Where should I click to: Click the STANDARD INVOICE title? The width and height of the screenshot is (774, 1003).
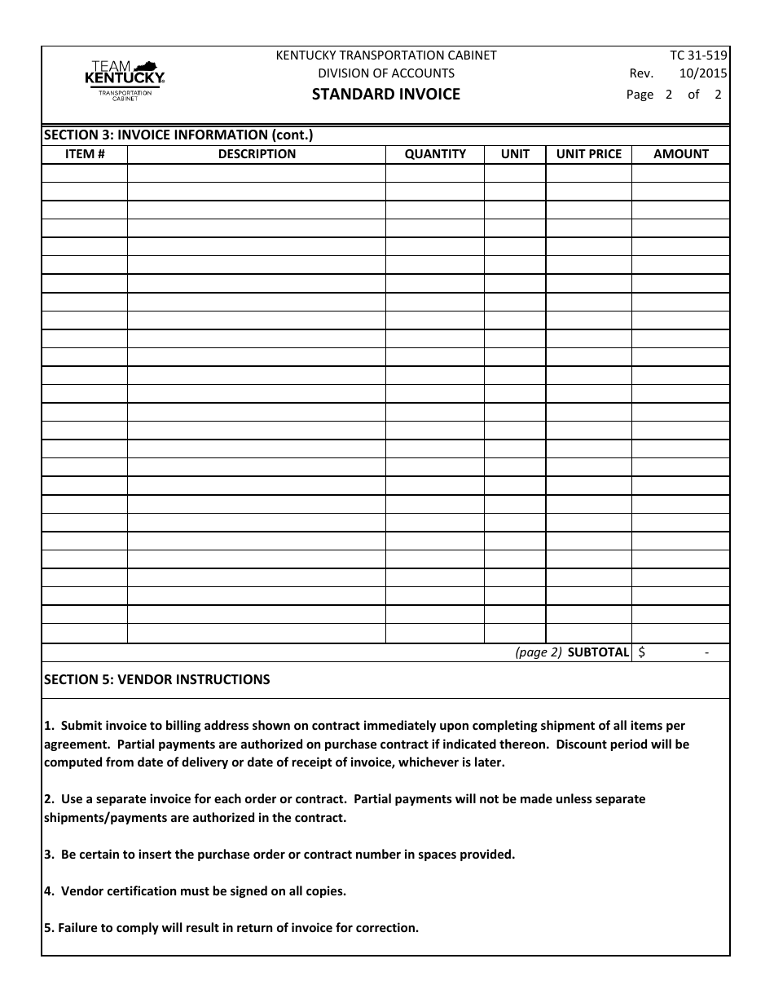[386, 94]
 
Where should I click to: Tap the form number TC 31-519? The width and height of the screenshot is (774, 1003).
[698, 55]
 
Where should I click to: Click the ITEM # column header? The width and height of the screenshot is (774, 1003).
[85, 153]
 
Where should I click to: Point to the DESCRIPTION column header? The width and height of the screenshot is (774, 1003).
[257, 153]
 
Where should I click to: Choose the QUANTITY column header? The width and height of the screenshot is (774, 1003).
[435, 153]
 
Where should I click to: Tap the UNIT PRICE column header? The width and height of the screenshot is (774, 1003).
[588, 153]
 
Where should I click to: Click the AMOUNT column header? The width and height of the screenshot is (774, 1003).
[681, 153]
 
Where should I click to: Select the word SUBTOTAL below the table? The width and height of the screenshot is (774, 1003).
[598, 652]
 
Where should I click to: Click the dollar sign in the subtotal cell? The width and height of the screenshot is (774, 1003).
[643, 652]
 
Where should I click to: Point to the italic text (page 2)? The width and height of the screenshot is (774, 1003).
[538, 652]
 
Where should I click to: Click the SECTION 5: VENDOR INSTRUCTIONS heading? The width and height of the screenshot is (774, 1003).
[156, 679]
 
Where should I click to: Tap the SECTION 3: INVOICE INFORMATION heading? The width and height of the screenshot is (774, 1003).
[178, 135]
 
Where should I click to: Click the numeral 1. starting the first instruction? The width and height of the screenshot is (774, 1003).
[48, 725]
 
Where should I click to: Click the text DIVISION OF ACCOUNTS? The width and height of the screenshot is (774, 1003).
[386, 73]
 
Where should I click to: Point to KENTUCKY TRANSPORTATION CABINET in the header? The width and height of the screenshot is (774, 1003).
[386, 55]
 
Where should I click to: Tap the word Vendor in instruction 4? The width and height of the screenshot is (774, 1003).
[81, 891]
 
